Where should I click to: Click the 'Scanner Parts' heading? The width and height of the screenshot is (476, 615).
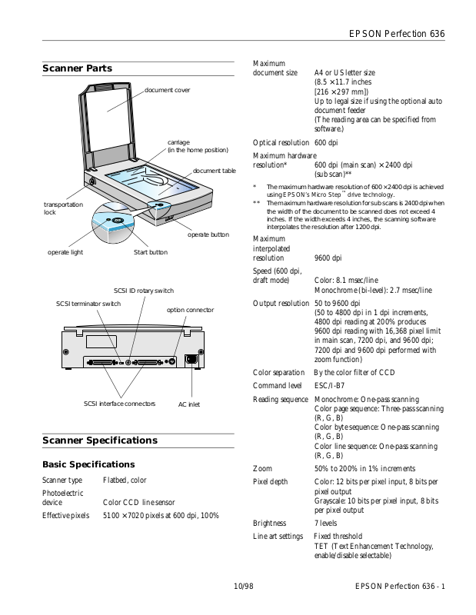(77, 68)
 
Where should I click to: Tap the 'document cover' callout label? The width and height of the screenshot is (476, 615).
(167, 91)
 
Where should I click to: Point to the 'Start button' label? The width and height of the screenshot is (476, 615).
(150, 252)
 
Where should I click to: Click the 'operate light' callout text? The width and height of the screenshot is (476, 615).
(65, 252)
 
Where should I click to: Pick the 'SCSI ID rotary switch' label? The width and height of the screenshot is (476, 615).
(144, 291)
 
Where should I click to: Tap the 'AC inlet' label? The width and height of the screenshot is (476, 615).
(188, 404)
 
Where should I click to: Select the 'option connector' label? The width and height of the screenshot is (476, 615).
(190, 309)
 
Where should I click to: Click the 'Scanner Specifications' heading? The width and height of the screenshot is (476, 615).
(100, 440)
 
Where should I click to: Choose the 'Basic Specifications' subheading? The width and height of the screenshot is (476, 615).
(88, 464)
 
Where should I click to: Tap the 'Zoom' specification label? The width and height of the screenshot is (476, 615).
(262, 468)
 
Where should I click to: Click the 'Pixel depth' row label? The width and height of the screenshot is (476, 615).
(271, 482)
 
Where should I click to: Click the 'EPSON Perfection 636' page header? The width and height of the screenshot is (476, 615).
(397, 34)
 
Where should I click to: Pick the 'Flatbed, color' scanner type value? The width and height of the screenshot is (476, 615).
(125, 480)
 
